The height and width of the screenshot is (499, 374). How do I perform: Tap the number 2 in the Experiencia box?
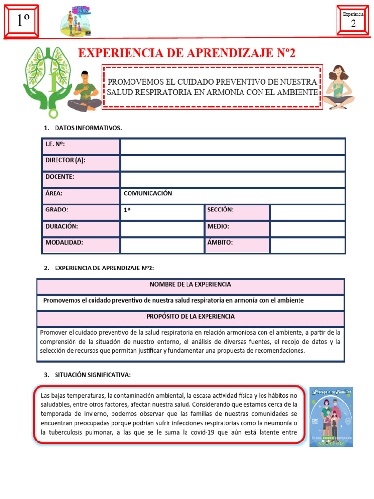click(x=353, y=24)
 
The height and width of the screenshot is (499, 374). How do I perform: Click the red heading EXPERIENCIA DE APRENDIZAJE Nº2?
click(x=187, y=53)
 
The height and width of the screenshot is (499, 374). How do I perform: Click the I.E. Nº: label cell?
click(x=80, y=147)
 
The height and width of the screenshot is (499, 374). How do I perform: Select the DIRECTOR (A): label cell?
click(x=80, y=163)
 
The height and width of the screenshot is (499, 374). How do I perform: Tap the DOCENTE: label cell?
click(x=80, y=180)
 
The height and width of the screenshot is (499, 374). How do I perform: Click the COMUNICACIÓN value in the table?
click(x=148, y=193)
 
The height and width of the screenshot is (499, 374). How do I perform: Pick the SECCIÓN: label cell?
click(x=237, y=212)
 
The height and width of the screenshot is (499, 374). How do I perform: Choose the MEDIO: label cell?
click(x=237, y=229)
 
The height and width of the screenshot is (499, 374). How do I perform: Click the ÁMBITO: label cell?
click(x=237, y=245)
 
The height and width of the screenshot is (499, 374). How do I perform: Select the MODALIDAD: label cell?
click(x=80, y=245)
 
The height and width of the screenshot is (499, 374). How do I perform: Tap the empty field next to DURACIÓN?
click(x=162, y=229)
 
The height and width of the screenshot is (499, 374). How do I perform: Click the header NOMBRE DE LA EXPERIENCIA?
click(x=190, y=284)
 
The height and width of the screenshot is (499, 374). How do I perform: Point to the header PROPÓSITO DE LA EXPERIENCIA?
click(x=190, y=317)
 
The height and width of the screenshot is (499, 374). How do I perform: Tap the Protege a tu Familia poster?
click(x=331, y=417)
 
